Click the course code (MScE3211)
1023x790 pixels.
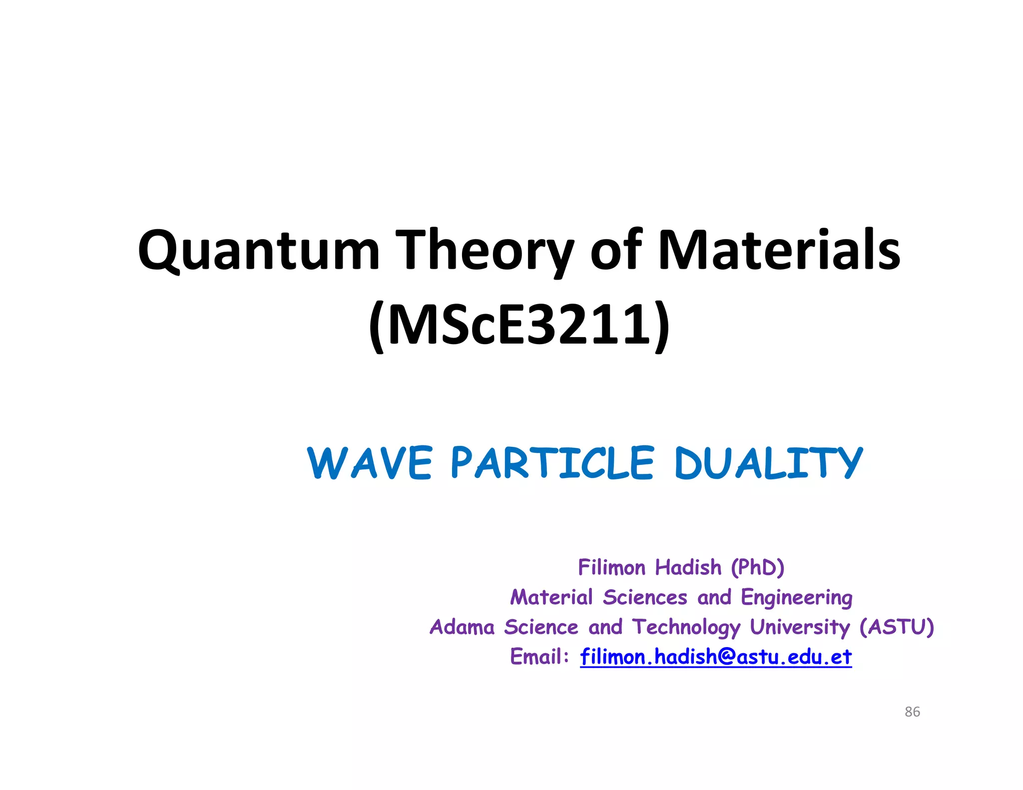click(519, 326)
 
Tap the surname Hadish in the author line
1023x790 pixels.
click(688, 568)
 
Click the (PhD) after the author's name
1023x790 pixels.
click(757, 568)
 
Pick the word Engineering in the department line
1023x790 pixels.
click(796, 598)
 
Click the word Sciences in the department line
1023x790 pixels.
click(645, 598)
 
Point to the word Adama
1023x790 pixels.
click(462, 627)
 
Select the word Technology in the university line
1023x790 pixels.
click(686, 628)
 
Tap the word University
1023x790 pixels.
click(799, 627)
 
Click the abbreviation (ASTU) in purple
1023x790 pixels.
click(896, 627)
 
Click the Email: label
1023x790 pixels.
click(539, 657)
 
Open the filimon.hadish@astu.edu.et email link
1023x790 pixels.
click(715, 657)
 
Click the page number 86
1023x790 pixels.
click(912, 712)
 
